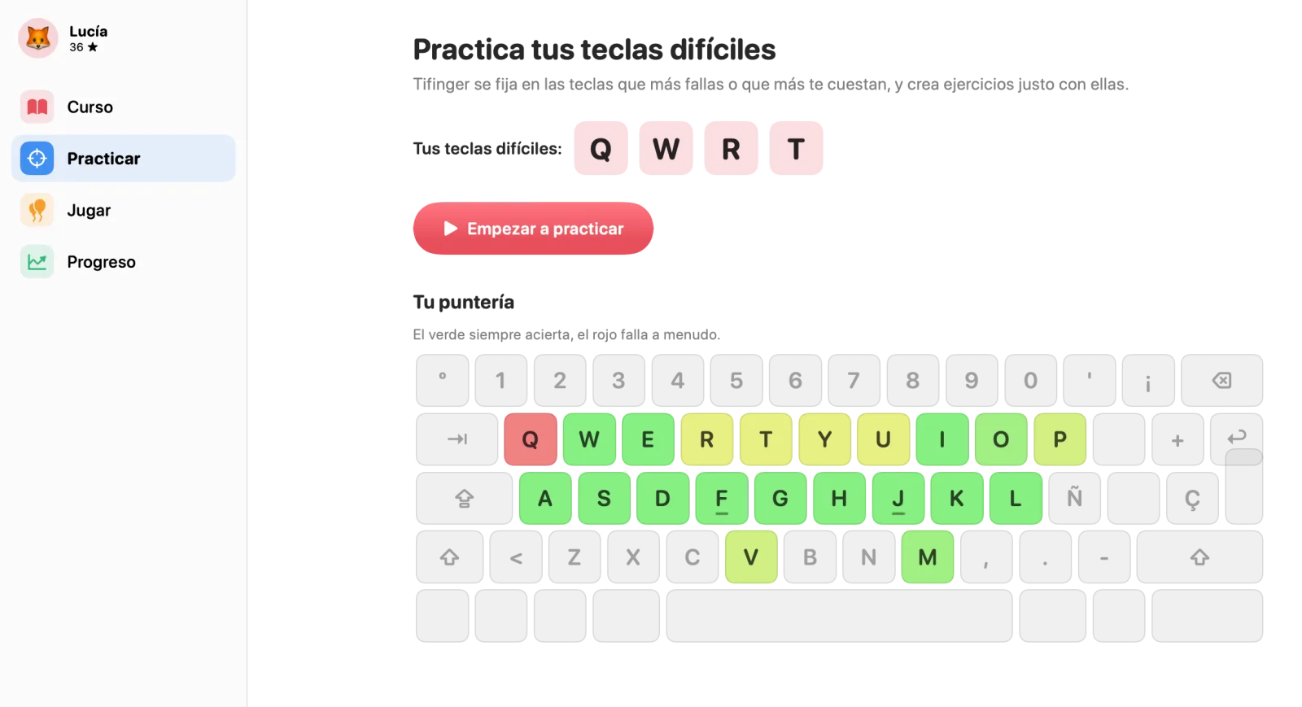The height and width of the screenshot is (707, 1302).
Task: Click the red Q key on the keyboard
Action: pos(530,439)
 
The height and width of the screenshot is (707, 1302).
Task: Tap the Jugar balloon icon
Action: pos(37,210)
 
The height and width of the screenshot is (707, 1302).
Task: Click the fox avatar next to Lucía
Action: pos(37,38)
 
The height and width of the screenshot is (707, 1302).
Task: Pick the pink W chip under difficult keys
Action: pos(666,148)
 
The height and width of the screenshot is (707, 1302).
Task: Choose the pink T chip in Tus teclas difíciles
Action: pos(796,148)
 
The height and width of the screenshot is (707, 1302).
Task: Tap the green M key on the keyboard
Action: pos(927,556)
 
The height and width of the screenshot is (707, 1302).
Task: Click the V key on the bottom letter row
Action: pos(751,556)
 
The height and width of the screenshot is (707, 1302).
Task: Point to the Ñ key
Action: pos(1074,498)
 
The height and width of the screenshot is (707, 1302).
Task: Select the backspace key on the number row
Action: pos(1221,381)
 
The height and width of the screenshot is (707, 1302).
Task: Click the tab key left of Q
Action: pos(457,439)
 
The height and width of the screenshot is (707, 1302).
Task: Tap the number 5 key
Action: pos(736,381)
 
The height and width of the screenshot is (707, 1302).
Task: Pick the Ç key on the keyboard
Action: pos(1192,498)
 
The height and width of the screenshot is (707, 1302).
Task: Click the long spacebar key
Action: pos(839,616)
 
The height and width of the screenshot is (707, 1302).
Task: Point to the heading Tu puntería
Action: pos(463,302)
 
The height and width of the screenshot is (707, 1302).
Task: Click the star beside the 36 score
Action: pos(93,47)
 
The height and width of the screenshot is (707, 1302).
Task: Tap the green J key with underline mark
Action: pos(898,498)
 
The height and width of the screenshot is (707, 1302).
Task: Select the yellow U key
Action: pos(883,439)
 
